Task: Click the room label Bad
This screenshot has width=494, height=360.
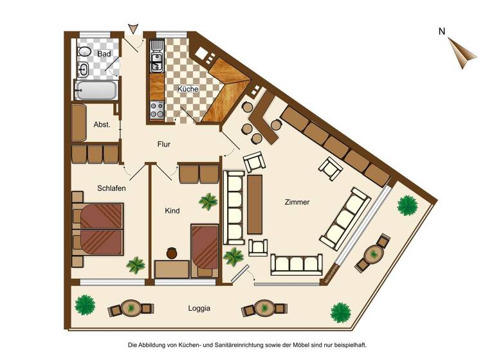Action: pyautogui.click(x=104, y=55)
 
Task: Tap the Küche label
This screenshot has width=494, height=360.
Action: pyautogui.click(x=188, y=89)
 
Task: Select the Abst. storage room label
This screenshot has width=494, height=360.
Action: pyautogui.click(x=102, y=125)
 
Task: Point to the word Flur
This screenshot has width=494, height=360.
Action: pyautogui.click(x=164, y=145)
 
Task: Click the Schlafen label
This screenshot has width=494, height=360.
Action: pyautogui.click(x=111, y=188)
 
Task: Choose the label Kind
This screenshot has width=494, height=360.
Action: pyautogui.click(x=172, y=211)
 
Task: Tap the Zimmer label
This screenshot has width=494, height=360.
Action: pyautogui.click(x=297, y=202)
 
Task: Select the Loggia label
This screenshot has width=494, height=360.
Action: pyautogui.click(x=199, y=309)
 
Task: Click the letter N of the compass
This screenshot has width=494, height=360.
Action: pyautogui.click(x=441, y=30)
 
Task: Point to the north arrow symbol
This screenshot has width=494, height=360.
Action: pyautogui.click(x=462, y=53)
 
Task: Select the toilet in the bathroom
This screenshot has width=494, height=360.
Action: pyautogui.click(x=83, y=51)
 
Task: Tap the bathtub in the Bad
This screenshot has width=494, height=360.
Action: pyautogui.click(x=96, y=89)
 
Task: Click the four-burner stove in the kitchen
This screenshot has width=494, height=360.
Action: pyautogui.click(x=156, y=110)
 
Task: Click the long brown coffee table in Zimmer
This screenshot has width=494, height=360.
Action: pyautogui.click(x=255, y=204)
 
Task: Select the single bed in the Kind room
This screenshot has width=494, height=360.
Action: pyautogui.click(x=205, y=246)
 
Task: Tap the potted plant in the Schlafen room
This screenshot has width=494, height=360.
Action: pyautogui.click(x=135, y=264)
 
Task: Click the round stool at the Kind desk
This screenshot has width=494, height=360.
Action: pyautogui.click(x=172, y=253)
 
